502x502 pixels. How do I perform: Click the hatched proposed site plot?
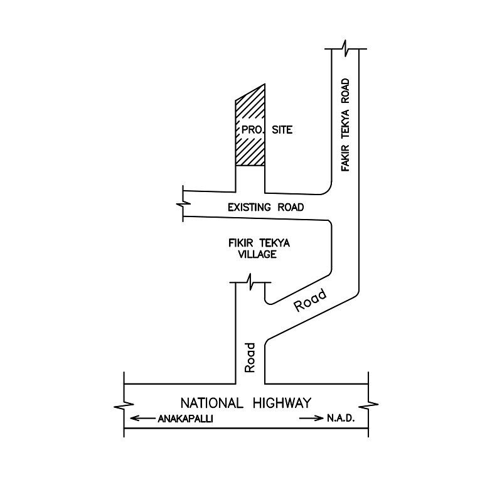250,128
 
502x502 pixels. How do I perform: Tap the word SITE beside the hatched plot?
282,130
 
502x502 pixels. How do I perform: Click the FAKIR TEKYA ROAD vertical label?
345,125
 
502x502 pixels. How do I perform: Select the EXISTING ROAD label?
265,208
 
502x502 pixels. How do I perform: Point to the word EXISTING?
248,208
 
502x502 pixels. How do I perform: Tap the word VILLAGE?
257,254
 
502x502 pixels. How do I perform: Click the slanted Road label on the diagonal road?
310,300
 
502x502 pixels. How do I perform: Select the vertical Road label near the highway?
250,358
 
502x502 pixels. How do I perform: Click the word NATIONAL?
212,403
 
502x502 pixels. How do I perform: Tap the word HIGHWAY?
282,403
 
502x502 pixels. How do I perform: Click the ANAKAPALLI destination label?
185,419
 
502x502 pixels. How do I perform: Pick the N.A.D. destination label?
341,418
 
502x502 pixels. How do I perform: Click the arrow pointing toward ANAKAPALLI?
142,418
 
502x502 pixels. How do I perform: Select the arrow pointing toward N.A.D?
311,418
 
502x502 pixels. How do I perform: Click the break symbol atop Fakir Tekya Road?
346,49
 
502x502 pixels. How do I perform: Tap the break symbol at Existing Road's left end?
183,203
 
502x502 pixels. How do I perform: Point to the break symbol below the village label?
250,282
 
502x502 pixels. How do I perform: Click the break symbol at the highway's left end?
124,405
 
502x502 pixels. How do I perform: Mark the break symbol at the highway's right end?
368,405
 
